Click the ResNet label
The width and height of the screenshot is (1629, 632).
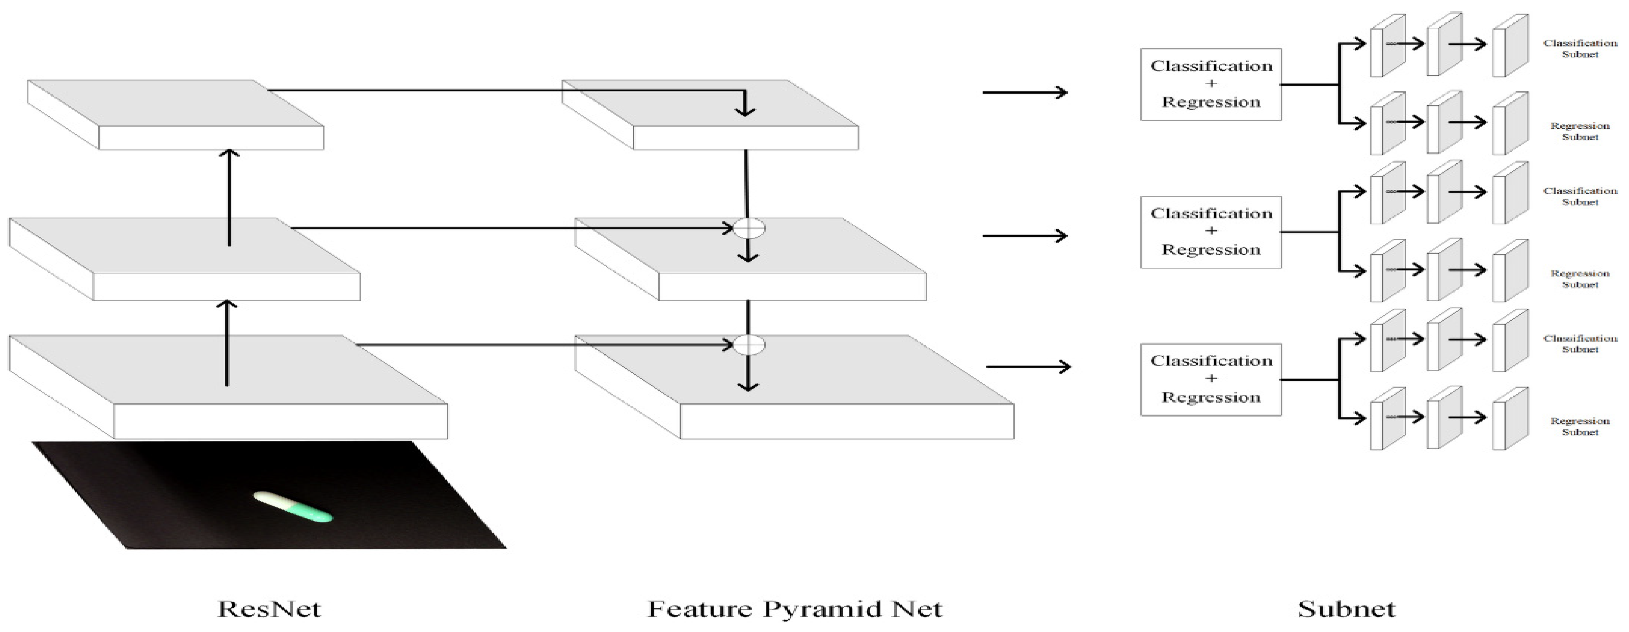click(269, 609)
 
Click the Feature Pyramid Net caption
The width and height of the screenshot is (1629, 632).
click(795, 609)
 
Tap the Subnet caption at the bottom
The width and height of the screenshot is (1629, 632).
click(1346, 609)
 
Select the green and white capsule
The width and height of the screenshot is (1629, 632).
click(293, 507)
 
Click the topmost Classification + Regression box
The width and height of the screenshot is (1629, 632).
click(1210, 85)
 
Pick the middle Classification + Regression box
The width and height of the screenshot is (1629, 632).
click(1210, 232)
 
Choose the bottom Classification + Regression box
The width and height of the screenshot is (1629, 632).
click(1210, 379)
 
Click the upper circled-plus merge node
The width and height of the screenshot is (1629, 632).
click(749, 228)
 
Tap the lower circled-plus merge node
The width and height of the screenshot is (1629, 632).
click(749, 345)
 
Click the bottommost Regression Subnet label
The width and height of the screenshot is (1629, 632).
click(1580, 427)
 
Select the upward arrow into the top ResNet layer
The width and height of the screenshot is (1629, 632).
click(230, 197)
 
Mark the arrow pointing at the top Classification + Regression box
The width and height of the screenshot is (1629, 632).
click(1024, 93)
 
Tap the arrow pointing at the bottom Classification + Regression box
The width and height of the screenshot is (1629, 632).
click(1028, 367)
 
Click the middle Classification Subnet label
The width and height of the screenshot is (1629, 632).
click(1580, 196)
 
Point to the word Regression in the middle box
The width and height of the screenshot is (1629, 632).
click(1210, 250)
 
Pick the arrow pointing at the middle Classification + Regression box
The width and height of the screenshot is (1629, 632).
click(1024, 236)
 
